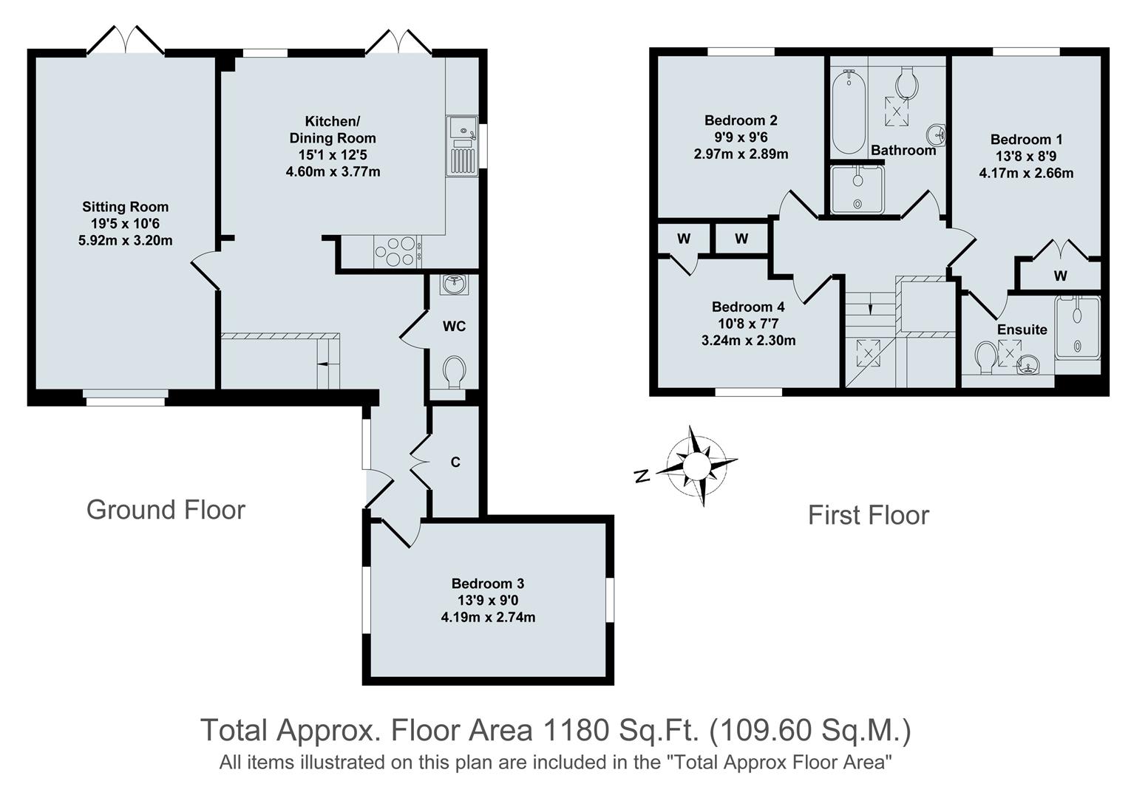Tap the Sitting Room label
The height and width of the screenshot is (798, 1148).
click(x=125, y=207)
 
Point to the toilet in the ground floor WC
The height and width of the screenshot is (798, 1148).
click(x=454, y=371)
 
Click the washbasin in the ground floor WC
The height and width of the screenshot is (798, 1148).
click(x=453, y=284)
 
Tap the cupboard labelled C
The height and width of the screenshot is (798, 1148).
click(x=455, y=462)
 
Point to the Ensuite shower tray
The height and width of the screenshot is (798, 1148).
click(x=1077, y=327)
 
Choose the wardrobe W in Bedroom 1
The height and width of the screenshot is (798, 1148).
click(x=1060, y=276)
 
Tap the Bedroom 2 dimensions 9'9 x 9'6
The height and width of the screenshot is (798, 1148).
click(x=741, y=137)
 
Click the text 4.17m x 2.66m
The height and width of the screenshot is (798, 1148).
click(x=1026, y=174)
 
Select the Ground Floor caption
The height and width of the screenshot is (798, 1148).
click(x=166, y=510)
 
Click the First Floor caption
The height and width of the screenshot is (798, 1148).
click(x=868, y=515)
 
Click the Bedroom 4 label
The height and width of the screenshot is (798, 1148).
click(x=748, y=307)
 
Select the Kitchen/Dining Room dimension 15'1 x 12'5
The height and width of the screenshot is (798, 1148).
click(x=333, y=155)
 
